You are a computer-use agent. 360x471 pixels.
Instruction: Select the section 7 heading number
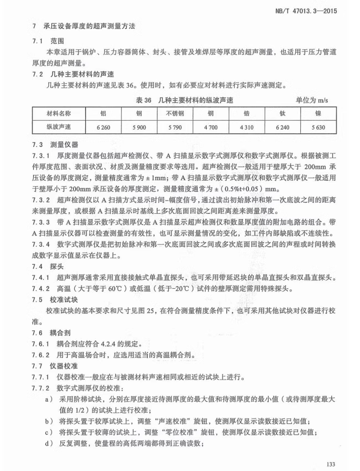click(35, 25)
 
